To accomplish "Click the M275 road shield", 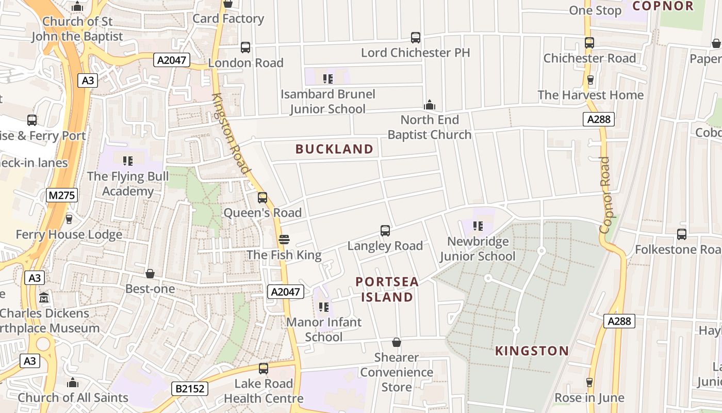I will point(62,195).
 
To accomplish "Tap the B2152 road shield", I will point(190,388).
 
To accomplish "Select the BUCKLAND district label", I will point(334,149).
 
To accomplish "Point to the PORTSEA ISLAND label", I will point(387,290).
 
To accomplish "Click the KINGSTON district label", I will point(532,351).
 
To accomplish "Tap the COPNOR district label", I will point(663,6).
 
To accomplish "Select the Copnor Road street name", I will point(605,195).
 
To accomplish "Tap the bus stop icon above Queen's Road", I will point(262,197).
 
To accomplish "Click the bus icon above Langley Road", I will point(385,230).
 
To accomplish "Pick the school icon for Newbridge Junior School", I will point(478,226).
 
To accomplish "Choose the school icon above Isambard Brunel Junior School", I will point(327,79).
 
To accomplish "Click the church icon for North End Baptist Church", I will point(430,105).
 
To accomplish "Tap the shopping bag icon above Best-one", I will point(150,273).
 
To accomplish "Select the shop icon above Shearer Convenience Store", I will point(397,342).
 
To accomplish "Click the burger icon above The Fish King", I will point(284,240).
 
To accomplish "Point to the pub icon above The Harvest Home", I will point(590,80).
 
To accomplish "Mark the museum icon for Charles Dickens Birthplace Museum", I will point(44,298).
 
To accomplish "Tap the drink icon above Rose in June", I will point(589,383).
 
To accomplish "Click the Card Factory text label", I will point(228,19).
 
